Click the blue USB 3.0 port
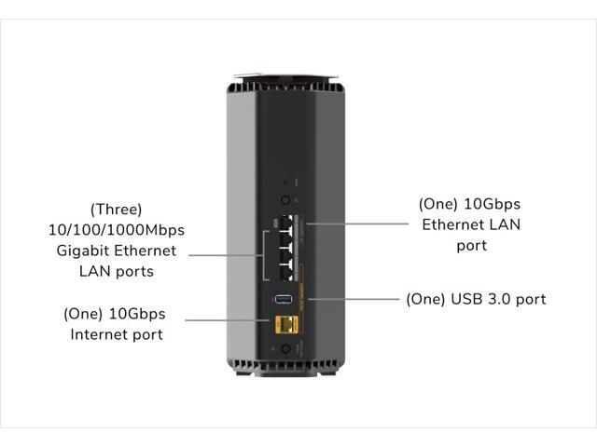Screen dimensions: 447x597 (x=282, y=300)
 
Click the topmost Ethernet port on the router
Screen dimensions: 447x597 (x=287, y=223)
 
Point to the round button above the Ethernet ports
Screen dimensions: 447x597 (x=283, y=200)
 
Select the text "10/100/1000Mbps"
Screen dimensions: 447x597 (x=117, y=230)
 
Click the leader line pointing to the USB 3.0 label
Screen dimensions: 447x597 (x=354, y=300)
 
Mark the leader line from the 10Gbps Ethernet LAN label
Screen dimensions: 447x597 (x=359, y=223)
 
